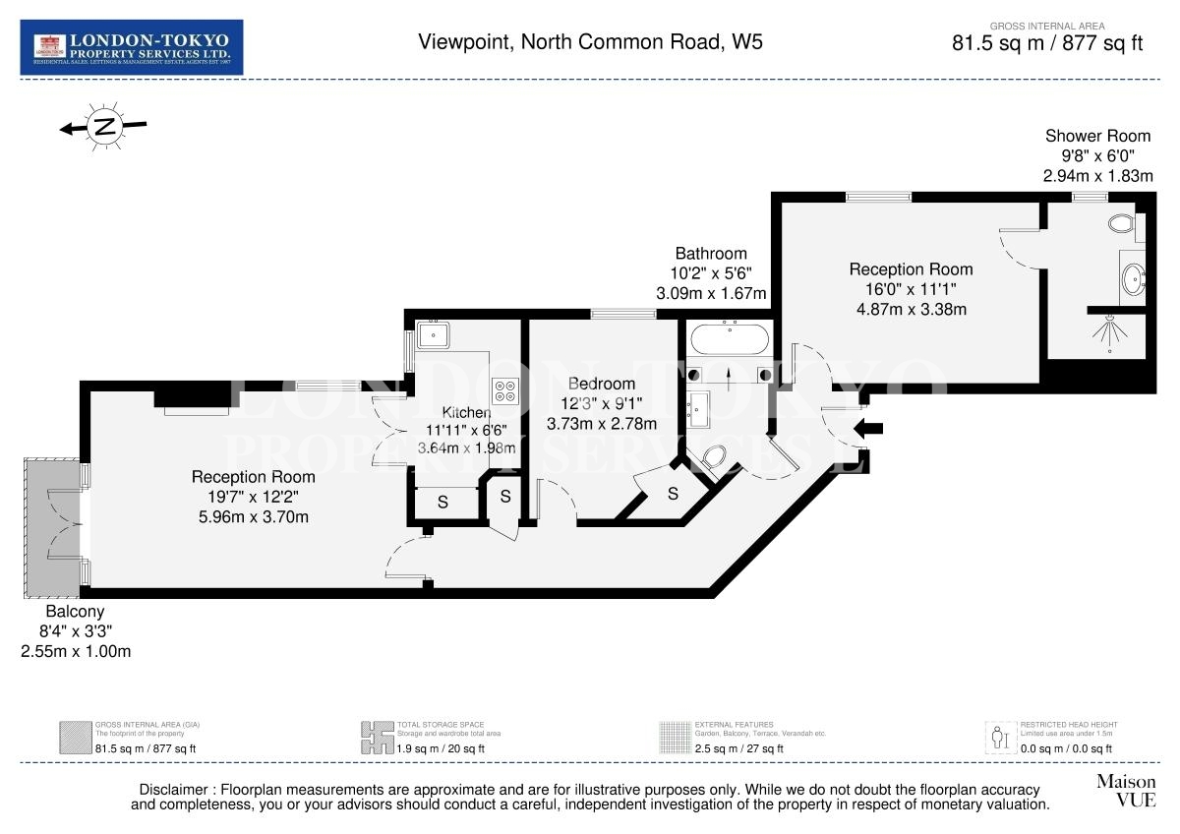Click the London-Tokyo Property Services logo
tap(132, 47)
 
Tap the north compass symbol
tap(103, 126)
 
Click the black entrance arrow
tap(870, 428)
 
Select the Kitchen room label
tap(465, 413)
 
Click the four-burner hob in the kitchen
tap(505, 390)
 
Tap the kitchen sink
tap(432, 335)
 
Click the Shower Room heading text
tap(1097, 137)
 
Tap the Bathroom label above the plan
tap(711, 254)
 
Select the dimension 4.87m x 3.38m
tap(911, 309)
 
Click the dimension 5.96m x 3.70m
tap(253, 516)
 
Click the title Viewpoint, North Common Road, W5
tap(590, 41)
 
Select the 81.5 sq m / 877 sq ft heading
tap(1047, 43)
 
